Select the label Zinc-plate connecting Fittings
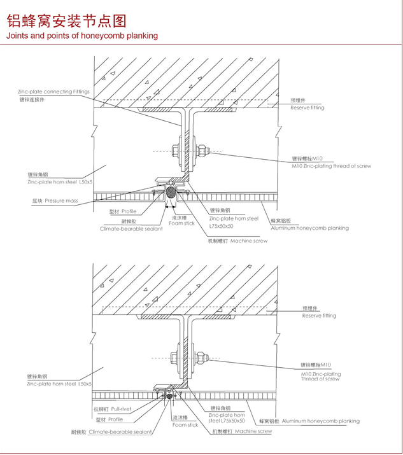(x=54, y=92)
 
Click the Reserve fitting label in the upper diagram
(x=308, y=108)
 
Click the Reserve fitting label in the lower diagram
(x=319, y=316)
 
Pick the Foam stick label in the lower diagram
(x=185, y=424)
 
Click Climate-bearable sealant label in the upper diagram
(x=131, y=228)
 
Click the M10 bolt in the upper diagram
(x=188, y=151)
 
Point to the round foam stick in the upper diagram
(x=171, y=190)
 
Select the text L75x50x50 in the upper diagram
(x=222, y=225)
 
